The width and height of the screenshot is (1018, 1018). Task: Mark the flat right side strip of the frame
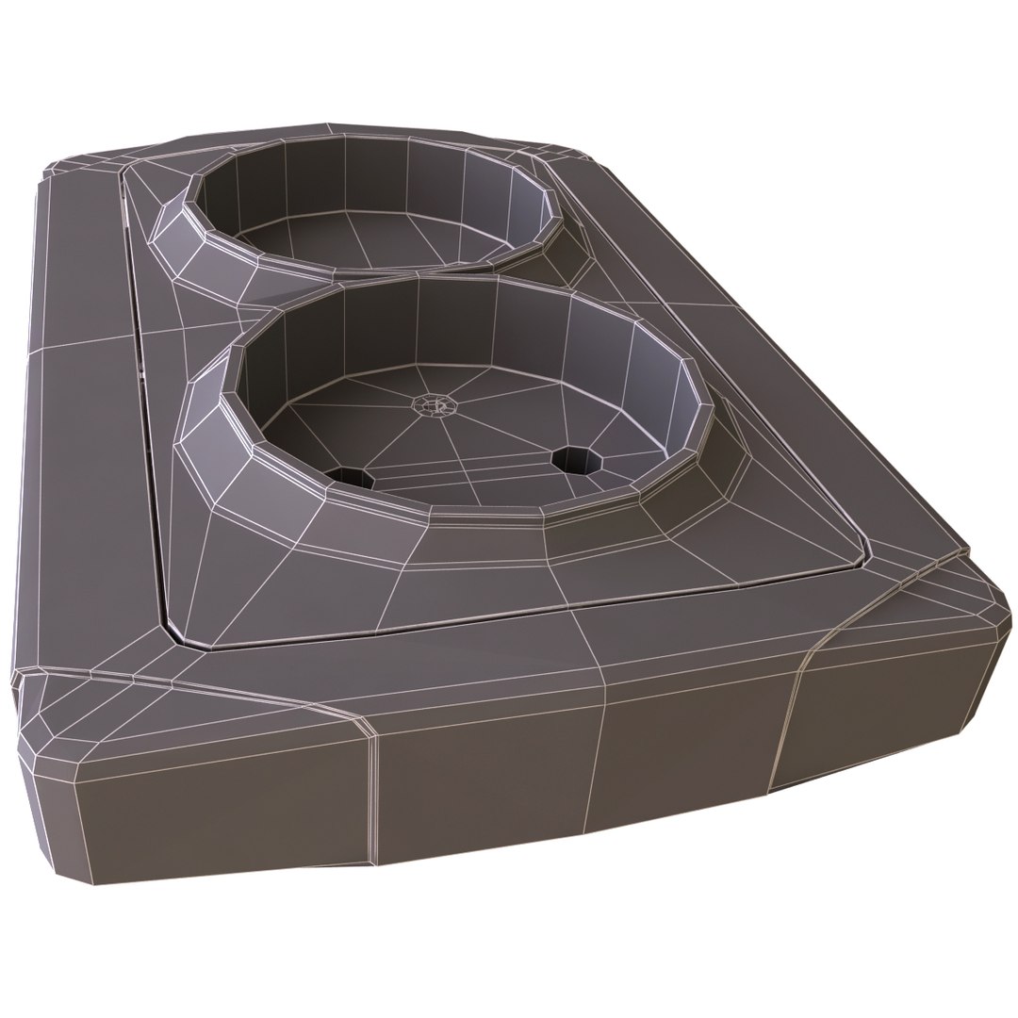pyautogui.click(x=801, y=377)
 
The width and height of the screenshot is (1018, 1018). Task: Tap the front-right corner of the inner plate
pyautogui.click(x=862, y=551)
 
